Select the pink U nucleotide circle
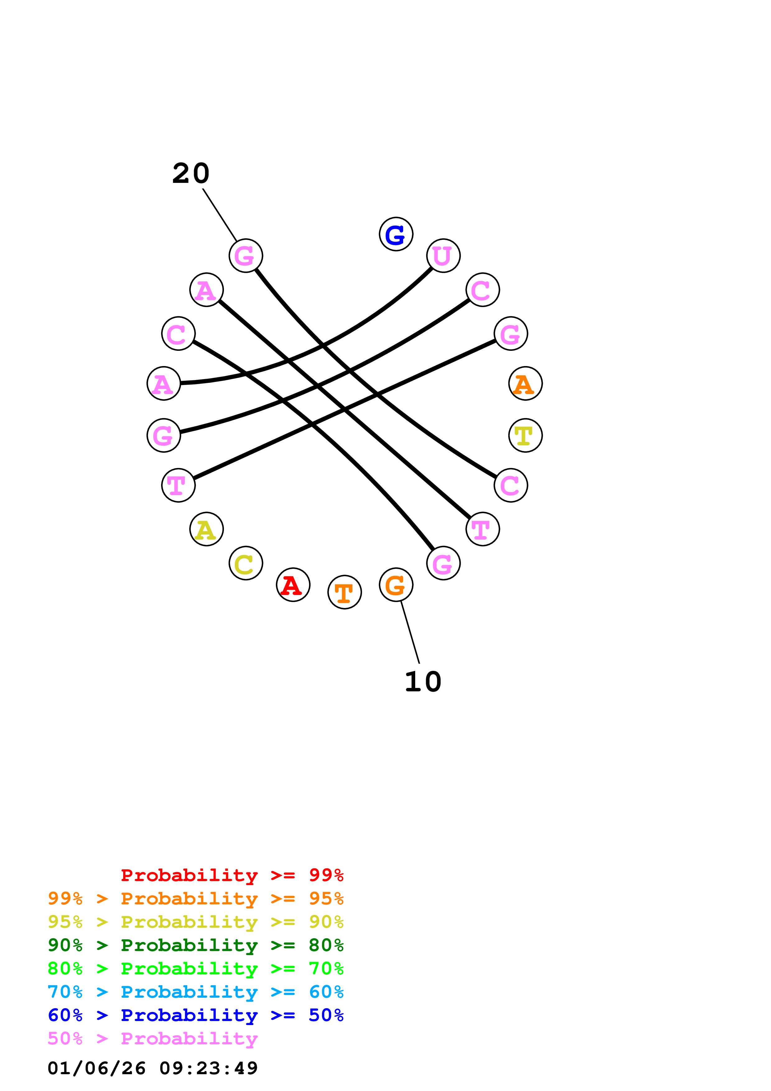coord(443,256)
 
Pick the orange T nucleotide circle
coord(344,592)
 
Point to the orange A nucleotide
coord(525,383)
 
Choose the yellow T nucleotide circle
coord(525,435)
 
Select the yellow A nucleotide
coord(206,529)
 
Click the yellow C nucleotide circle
coord(246,563)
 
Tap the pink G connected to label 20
coord(246,256)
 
